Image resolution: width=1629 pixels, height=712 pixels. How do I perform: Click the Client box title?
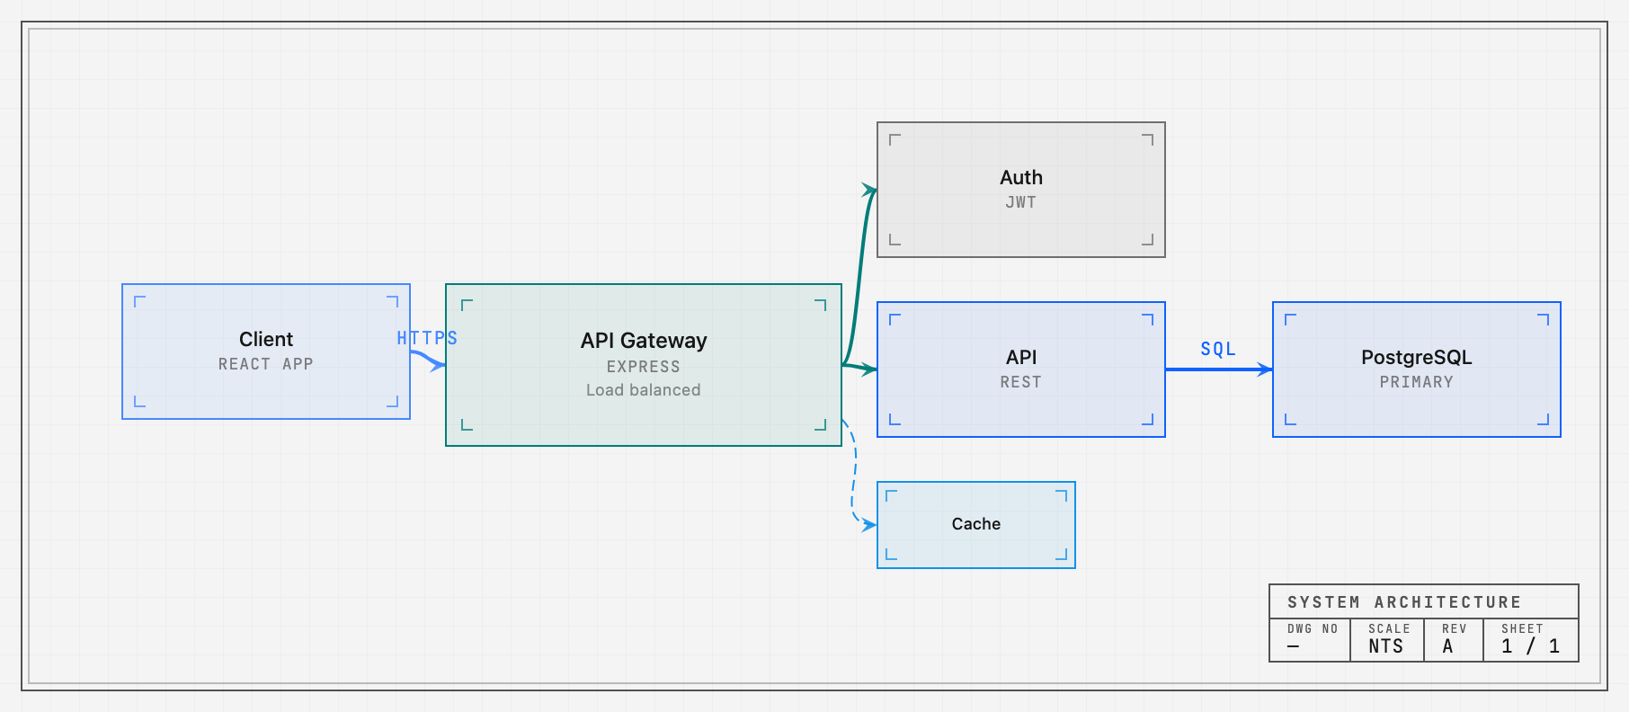(x=266, y=339)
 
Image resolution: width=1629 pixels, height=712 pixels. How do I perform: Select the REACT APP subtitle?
(x=266, y=364)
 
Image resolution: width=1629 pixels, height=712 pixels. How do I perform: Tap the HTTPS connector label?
(x=427, y=338)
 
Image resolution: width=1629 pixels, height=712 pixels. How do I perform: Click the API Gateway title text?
(x=644, y=341)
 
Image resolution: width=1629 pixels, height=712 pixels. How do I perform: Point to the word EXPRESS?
(x=644, y=367)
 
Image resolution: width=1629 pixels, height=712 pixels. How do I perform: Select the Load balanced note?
(x=644, y=390)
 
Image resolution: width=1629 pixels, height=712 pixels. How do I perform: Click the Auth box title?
(x=1021, y=177)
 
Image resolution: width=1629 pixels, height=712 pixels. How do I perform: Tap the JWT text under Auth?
(x=1021, y=202)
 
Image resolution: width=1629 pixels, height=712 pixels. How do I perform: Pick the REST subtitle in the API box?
(x=1021, y=382)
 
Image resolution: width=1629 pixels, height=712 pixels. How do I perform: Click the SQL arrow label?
(x=1218, y=349)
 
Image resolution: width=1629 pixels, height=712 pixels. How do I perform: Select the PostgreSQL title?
(x=1417, y=357)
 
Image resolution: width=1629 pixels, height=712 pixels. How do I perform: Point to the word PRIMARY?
(x=1417, y=382)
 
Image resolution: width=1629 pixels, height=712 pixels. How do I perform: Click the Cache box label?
(x=976, y=524)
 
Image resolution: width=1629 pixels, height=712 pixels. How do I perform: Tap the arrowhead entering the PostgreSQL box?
(x=1266, y=369)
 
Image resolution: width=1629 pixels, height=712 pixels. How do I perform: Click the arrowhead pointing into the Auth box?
(x=870, y=191)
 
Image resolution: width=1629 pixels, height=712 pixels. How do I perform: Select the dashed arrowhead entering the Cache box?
(x=870, y=525)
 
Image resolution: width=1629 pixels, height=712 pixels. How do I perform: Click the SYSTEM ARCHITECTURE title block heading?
(x=1404, y=602)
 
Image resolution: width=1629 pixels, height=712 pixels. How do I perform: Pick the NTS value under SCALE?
(x=1386, y=646)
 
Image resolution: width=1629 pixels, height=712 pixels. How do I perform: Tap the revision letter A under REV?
(x=1447, y=646)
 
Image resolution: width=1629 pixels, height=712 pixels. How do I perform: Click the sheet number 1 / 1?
(x=1531, y=646)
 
